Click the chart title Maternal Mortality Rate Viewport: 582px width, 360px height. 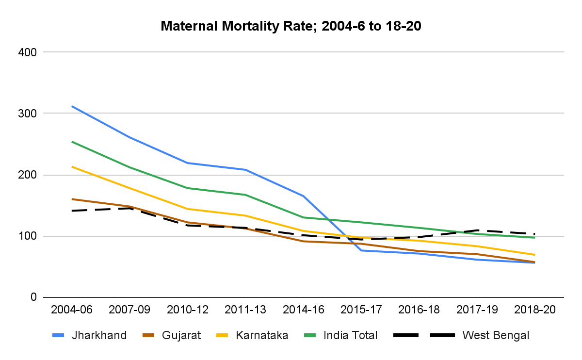click(x=291, y=26)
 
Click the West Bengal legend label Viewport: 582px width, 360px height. click(x=496, y=335)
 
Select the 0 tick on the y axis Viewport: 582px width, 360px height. click(x=33, y=297)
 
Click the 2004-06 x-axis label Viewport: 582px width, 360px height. click(x=72, y=310)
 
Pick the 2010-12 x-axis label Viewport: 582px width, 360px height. click(x=188, y=310)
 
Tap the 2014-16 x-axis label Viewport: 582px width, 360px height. click(x=304, y=310)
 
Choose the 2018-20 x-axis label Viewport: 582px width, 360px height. click(x=535, y=310)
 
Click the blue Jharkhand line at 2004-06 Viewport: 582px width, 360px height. click(x=72, y=106)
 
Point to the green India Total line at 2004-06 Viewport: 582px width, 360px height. click(x=72, y=142)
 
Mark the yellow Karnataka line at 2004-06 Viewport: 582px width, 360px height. click(x=72, y=166)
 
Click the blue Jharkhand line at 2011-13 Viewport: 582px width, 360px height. click(x=245, y=169)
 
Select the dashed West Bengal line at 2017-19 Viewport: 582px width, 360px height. click(x=477, y=230)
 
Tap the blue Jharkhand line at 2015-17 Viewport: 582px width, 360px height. click(x=361, y=250)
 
